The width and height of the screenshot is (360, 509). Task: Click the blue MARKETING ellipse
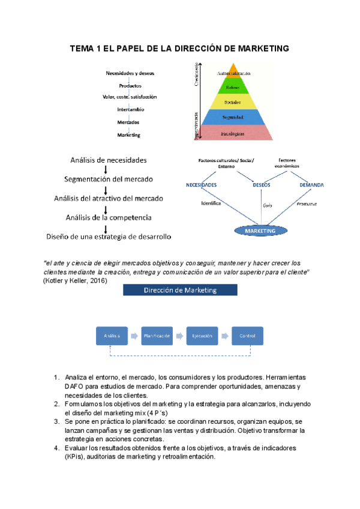point(260,230)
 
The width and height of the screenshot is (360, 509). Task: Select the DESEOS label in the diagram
point(262,185)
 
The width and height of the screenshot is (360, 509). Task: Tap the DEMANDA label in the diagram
point(311,185)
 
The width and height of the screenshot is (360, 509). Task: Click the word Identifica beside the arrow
point(211,203)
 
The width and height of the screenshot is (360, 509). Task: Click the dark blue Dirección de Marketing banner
point(180,291)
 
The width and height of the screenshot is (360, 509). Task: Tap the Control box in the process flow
point(247,336)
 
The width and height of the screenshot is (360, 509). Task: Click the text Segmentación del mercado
point(109,179)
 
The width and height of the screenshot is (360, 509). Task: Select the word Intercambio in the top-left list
point(130,110)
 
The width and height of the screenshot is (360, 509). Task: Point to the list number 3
point(56,422)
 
